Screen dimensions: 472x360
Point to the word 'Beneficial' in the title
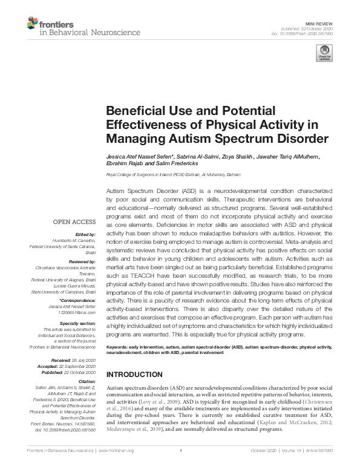pos(135,111)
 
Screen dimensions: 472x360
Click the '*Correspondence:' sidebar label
pos(79,301)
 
